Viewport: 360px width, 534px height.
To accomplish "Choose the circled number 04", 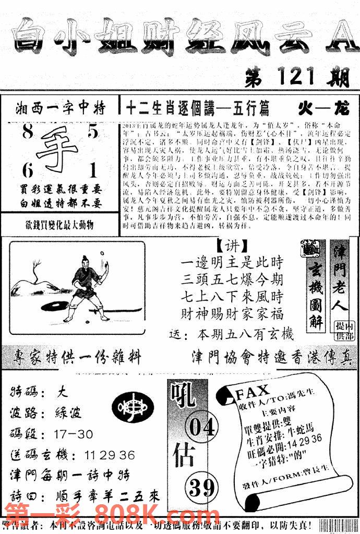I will point(202,427).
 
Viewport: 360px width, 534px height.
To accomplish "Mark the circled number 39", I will point(202,488).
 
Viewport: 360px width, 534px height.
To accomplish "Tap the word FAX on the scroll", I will point(253,391).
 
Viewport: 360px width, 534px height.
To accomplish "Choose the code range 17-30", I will point(73,434).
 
